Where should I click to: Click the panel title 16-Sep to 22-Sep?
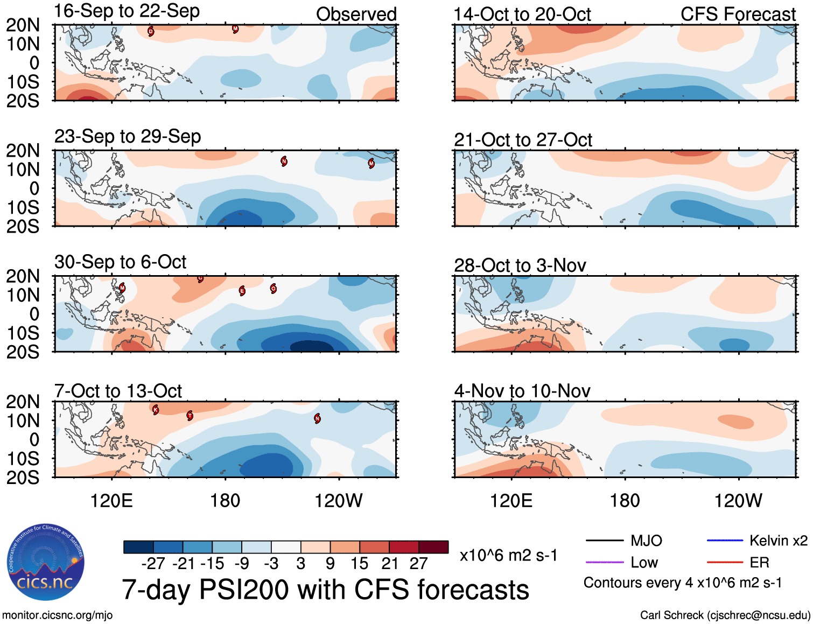(127, 11)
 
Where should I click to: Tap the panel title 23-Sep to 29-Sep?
(128, 137)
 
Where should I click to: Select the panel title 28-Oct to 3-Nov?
(520, 265)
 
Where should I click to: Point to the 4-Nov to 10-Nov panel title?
(522, 391)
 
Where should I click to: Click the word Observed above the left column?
(356, 15)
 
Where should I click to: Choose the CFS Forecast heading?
(738, 15)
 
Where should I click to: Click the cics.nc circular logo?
(45, 563)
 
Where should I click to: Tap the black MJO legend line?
(604, 541)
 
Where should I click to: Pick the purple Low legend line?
(604, 562)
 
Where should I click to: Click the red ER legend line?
(725, 562)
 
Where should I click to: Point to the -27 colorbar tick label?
(153, 564)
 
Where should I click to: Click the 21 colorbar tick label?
(389, 564)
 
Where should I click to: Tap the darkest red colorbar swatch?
(433, 547)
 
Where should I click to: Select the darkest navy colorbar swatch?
(138, 547)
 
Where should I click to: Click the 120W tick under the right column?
(738, 501)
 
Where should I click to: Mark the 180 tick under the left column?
(225, 501)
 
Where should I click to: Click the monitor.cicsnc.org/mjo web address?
(57, 615)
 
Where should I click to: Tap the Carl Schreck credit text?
(725, 615)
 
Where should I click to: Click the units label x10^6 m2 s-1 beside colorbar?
(508, 555)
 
